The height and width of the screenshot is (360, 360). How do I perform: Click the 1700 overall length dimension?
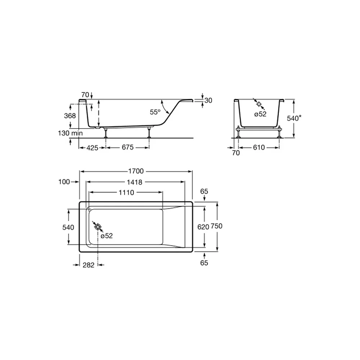click(136, 171)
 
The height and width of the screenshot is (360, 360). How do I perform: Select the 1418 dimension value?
click(135, 182)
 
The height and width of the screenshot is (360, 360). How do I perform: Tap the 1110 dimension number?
click(126, 192)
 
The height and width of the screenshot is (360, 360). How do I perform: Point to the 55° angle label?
click(155, 112)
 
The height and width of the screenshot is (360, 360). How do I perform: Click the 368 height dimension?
click(70, 116)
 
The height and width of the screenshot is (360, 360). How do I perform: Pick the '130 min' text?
click(70, 133)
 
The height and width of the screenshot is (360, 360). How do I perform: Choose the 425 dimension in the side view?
click(92, 148)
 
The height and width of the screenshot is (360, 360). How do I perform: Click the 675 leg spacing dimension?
click(128, 147)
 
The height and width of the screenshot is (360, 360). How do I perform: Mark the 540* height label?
click(294, 118)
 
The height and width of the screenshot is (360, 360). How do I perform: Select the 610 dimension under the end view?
click(259, 147)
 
